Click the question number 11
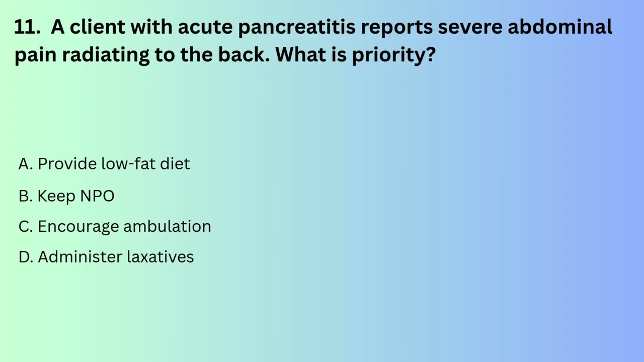click(x=26, y=27)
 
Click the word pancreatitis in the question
click(x=296, y=27)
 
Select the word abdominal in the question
click(x=559, y=27)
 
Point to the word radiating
click(x=106, y=55)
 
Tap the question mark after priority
click(x=431, y=54)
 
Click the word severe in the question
click(x=469, y=27)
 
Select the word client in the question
click(x=97, y=27)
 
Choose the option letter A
click(x=25, y=164)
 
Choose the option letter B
click(x=25, y=196)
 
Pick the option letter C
click(x=25, y=227)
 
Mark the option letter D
click(x=25, y=257)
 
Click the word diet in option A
click(x=175, y=164)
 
